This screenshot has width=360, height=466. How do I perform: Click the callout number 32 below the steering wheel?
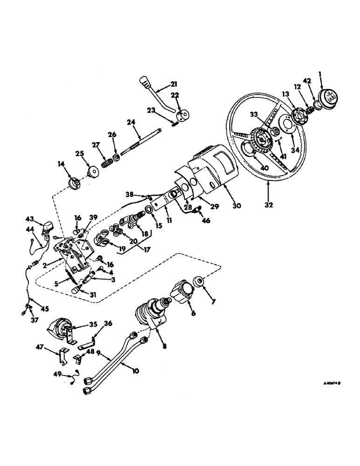pos(270,204)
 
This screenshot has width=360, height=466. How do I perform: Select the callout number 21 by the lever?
pos(160,84)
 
